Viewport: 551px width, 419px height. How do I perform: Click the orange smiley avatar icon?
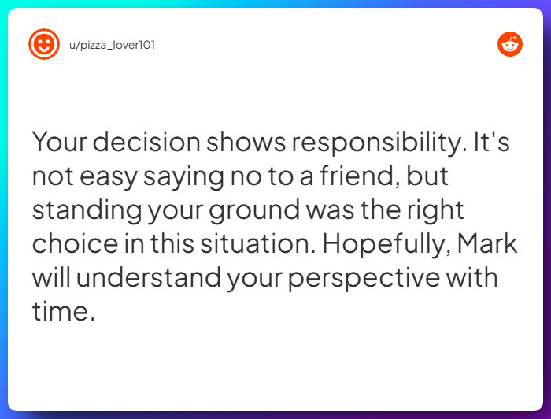pyautogui.click(x=44, y=44)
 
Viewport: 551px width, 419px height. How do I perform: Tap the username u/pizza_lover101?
pyautogui.click(x=112, y=45)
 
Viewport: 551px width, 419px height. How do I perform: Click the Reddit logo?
pyautogui.click(x=510, y=44)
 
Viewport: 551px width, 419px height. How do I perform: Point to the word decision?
pyautogui.click(x=146, y=142)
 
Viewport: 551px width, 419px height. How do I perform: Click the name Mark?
pyautogui.click(x=487, y=243)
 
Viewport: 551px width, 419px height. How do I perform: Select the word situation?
pyautogui.click(x=258, y=243)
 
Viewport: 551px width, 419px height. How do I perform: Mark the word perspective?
pyautogui.click(x=364, y=278)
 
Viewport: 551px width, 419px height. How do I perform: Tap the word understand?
pyautogui.click(x=149, y=277)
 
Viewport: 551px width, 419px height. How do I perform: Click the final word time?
pyautogui.click(x=64, y=311)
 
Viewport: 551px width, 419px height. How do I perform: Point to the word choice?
pyautogui.click(x=76, y=243)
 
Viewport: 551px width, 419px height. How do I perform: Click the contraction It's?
pyautogui.click(x=492, y=142)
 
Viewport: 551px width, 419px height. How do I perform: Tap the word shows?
pyautogui.click(x=246, y=142)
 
